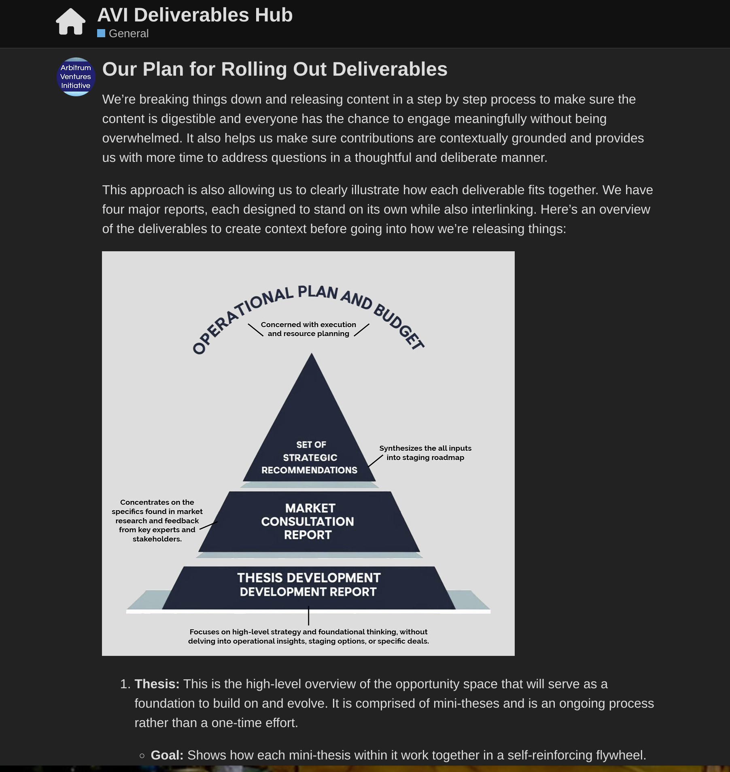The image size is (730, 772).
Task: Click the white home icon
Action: coord(71,22)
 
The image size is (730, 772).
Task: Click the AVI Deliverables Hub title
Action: coord(195,15)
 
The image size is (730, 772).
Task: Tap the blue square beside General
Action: coord(101,33)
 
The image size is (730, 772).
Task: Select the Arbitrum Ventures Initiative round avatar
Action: coord(76,77)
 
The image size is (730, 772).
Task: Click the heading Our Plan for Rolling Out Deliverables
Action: coord(275,69)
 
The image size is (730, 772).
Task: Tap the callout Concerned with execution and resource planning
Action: coord(308,329)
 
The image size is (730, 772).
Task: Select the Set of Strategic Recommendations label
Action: coord(310,457)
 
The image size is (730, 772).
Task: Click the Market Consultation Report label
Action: coord(308,521)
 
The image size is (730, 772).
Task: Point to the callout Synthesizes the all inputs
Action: coord(425,453)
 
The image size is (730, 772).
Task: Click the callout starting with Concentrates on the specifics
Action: coord(157,520)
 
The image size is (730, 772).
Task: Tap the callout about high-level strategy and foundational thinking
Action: coord(308,636)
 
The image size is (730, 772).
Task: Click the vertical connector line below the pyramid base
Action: coord(309,616)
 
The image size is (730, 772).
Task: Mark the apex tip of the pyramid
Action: coord(311,354)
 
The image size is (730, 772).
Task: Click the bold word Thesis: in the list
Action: coord(157,684)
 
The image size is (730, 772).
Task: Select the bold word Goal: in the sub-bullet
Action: coord(167,755)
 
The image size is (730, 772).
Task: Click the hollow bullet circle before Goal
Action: coord(142,755)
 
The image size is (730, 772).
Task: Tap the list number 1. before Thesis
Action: coord(125,684)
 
